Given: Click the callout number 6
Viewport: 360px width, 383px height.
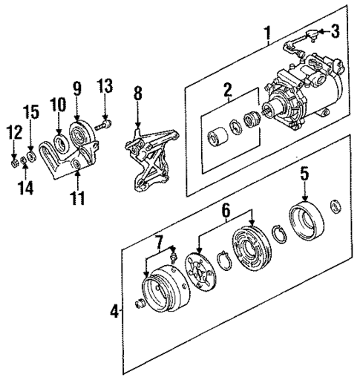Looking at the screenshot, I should click(x=225, y=211).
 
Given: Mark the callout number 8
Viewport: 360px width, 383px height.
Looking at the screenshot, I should click(x=137, y=95).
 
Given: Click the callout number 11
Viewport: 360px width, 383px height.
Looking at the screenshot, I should click(x=76, y=198).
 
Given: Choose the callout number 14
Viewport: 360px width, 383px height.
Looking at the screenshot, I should click(x=26, y=189).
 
